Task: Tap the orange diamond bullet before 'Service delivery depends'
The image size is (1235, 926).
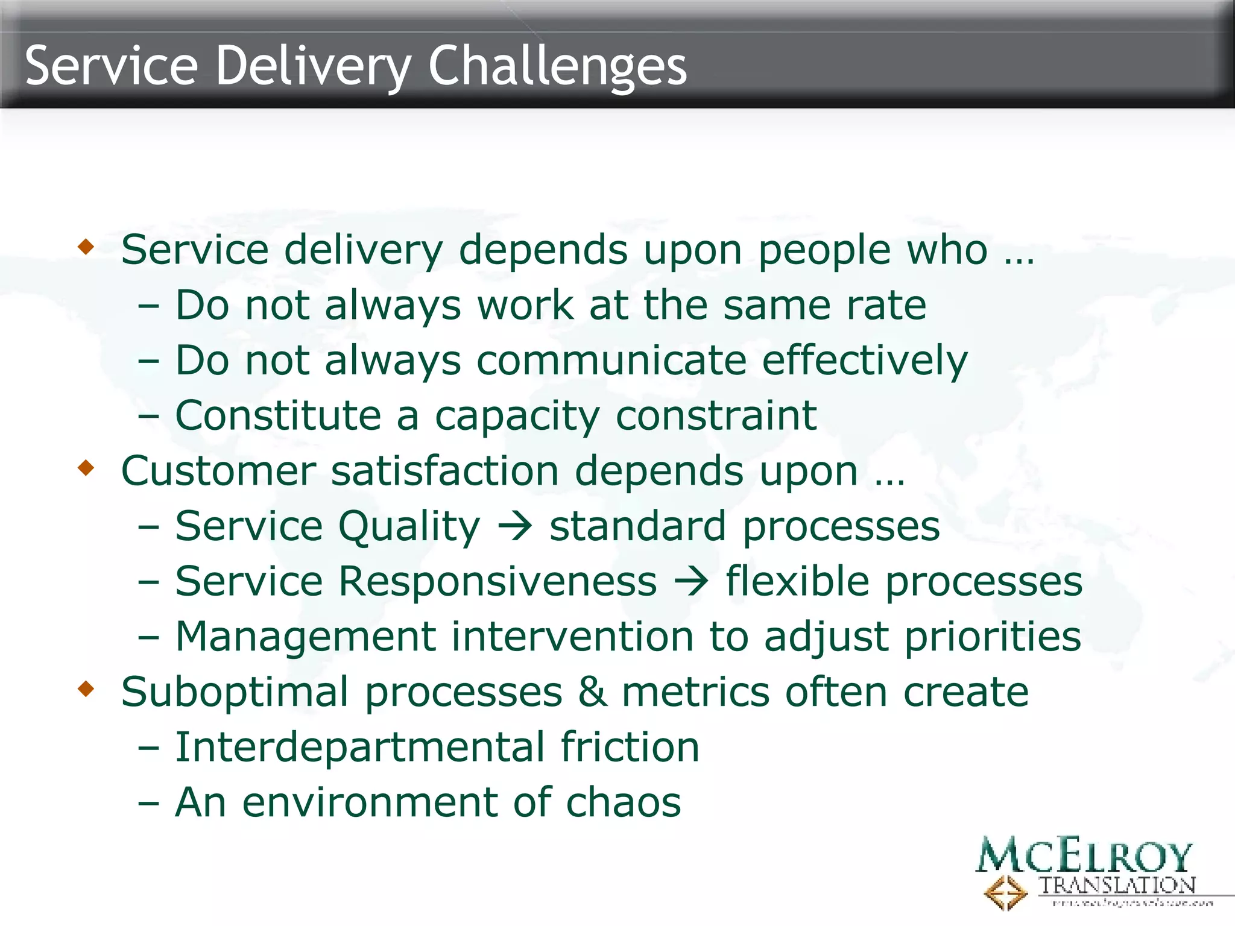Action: (86, 247)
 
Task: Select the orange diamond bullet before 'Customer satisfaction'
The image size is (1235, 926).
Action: (86, 468)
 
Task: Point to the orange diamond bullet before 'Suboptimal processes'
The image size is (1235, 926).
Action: (86, 688)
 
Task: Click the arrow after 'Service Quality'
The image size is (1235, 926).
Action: (514, 526)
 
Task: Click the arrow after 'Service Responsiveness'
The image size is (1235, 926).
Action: (691, 582)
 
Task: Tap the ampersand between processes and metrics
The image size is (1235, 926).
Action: (592, 691)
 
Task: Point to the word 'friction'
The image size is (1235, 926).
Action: (630, 747)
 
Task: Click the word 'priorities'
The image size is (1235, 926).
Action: (993, 637)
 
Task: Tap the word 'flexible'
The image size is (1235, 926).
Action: (797, 582)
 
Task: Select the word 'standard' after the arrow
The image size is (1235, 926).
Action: (637, 526)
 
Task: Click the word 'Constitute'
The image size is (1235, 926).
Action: (278, 415)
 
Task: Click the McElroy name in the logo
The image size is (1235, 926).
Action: (1084, 855)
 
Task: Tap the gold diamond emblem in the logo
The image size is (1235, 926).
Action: (1005, 893)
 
